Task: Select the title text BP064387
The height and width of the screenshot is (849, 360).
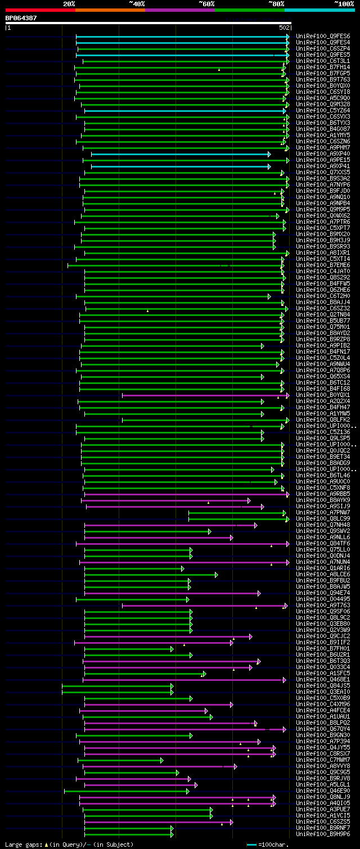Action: click(x=21, y=18)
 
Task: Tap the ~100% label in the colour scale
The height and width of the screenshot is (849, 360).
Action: click(x=344, y=3)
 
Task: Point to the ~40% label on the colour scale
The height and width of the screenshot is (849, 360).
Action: click(x=137, y=3)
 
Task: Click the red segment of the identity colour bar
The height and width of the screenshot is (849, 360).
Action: click(x=40, y=10)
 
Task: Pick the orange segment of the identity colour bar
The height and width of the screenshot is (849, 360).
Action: click(x=110, y=10)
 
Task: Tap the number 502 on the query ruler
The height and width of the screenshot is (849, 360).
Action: click(x=284, y=28)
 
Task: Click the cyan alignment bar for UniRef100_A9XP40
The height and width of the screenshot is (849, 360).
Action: click(x=180, y=153)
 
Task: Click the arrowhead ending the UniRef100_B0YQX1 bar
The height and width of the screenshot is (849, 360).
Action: click(x=287, y=395)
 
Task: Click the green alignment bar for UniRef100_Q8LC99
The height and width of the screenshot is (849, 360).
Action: click(x=236, y=518)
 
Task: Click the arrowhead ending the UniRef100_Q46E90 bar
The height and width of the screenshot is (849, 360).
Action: click(x=188, y=791)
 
